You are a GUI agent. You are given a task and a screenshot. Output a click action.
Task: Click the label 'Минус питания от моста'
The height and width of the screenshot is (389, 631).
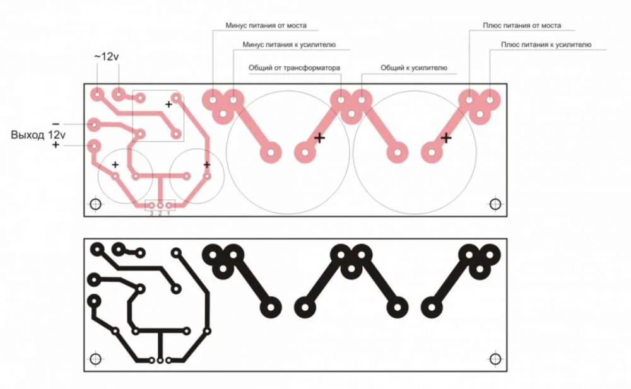pyautogui.click(x=266, y=25)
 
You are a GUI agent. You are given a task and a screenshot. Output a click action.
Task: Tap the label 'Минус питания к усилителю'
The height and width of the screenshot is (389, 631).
pyautogui.click(x=289, y=45)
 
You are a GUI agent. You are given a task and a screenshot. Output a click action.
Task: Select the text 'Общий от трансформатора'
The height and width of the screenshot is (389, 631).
pyautogui.click(x=294, y=67)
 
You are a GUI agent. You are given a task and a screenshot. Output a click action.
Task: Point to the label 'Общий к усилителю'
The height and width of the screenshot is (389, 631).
pyautogui.click(x=414, y=67)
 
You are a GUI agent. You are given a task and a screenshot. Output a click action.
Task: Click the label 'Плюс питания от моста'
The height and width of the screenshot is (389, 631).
pyautogui.click(x=522, y=25)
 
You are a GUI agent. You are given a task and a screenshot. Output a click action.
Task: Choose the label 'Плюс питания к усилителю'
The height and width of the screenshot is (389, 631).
pyautogui.click(x=546, y=45)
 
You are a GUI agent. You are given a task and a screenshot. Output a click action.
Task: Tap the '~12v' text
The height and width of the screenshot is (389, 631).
pyautogui.click(x=106, y=57)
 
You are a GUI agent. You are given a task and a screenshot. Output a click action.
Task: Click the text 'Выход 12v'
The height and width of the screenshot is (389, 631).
pyautogui.click(x=38, y=135)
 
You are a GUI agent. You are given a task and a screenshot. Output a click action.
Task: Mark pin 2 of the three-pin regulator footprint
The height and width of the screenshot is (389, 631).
pyautogui.click(x=160, y=205)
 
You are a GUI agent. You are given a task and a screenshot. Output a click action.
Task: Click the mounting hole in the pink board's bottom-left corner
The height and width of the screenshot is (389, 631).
pyautogui.click(x=95, y=204)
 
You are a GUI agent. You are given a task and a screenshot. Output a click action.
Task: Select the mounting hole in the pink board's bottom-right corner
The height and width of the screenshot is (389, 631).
pyautogui.click(x=495, y=204)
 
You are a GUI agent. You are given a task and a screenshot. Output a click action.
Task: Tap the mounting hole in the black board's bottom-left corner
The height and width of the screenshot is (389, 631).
pyautogui.click(x=95, y=359)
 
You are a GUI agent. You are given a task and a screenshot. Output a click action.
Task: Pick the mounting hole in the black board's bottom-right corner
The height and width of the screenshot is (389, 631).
pyautogui.click(x=495, y=359)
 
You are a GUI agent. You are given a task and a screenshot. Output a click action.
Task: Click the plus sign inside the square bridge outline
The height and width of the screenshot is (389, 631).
pyautogui.click(x=168, y=104)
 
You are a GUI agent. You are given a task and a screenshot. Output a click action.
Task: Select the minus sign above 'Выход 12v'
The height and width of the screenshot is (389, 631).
pyautogui.click(x=56, y=124)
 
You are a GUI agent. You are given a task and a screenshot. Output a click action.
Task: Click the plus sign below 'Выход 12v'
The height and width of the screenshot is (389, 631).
pyautogui.click(x=56, y=145)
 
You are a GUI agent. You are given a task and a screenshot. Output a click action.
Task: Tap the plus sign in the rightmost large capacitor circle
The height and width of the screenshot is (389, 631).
pyautogui.click(x=446, y=138)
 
